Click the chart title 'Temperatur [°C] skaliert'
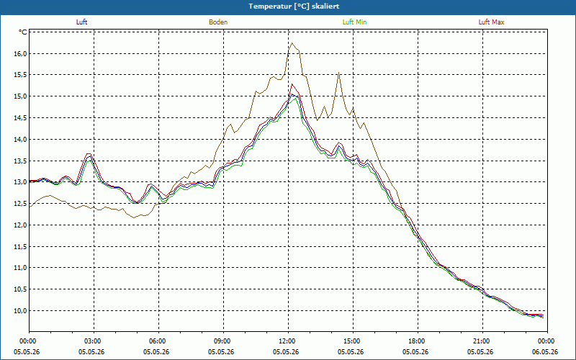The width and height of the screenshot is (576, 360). coord(294,6)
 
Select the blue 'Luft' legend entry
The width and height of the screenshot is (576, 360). coord(81,22)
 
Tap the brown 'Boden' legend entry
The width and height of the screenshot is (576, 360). coord(218,22)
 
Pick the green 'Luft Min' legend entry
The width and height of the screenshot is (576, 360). coord(354,22)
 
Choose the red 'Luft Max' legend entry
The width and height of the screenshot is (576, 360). coord(491,22)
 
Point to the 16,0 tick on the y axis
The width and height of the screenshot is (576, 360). coord(21,54)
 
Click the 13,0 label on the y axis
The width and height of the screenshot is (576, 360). coord(21,182)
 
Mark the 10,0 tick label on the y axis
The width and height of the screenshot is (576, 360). coord(21,311)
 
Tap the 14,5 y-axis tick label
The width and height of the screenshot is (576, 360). coord(21,118)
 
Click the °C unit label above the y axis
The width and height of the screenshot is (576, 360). coord(22,32)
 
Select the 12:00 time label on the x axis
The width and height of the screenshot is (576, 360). coord(288,341)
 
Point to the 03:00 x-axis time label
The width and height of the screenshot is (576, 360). coord(94,341)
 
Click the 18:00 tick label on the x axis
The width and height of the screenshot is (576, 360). coord(418,341)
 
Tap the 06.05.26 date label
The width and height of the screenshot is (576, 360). coord(547,352)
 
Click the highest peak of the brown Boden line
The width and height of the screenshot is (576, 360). coord(292,43)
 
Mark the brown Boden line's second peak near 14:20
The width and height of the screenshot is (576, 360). coord(338,73)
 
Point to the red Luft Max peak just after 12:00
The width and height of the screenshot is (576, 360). coord(292,84)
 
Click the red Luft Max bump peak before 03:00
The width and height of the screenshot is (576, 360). coord(88,153)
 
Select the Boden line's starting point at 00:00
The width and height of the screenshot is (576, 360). coord(30,207)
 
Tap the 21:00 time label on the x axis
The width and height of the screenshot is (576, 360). coord(482,341)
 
